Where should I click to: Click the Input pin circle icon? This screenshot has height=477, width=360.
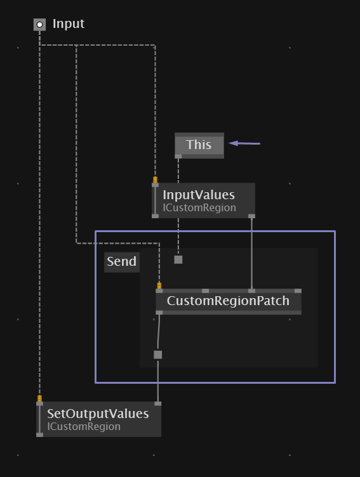[x=39, y=25]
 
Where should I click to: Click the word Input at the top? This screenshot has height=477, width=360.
[x=69, y=23]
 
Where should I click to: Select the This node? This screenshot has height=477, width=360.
[x=199, y=145]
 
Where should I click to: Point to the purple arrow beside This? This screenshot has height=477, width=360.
[x=244, y=143]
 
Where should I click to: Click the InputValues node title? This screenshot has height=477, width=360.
[x=199, y=195]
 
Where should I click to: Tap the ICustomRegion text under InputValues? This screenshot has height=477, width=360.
[x=199, y=208]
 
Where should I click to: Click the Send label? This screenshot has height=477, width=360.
[x=121, y=261]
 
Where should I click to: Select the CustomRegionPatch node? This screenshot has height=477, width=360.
[x=229, y=301]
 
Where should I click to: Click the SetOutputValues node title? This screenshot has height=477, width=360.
[x=98, y=414]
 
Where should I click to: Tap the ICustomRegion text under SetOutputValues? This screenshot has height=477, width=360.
[x=84, y=426]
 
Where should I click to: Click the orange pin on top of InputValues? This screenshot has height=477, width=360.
[x=156, y=180]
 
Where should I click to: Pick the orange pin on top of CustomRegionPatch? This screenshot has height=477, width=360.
[x=159, y=285]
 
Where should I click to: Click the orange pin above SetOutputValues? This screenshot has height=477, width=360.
[x=39, y=398]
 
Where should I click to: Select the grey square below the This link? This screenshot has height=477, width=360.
[x=178, y=259]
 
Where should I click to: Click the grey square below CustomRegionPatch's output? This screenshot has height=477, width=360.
[x=157, y=355]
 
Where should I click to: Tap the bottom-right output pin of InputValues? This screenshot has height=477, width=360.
[x=251, y=216]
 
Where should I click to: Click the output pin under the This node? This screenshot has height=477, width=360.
[x=178, y=157]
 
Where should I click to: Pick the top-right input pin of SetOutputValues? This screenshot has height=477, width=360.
[x=157, y=403]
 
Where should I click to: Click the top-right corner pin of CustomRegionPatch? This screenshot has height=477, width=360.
[x=298, y=291]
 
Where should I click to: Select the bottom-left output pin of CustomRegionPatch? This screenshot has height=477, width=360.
[x=159, y=313]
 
